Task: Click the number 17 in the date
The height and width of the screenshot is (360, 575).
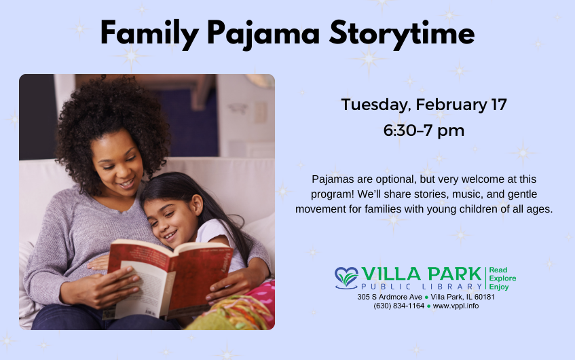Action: (x=499, y=105)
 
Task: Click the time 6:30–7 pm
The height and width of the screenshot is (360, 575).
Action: (x=424, y=130)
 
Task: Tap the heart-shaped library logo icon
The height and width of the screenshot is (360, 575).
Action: (x=346, y=278)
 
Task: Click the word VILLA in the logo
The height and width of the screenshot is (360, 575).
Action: (x=391, y=274)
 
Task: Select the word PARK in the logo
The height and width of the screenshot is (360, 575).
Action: (x=455, y=274)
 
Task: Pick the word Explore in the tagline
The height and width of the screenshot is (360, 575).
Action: (x=502, y=278)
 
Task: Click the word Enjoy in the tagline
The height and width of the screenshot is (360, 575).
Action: (x=499, y=287)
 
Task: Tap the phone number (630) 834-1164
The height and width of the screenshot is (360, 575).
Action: (x=398, y=306)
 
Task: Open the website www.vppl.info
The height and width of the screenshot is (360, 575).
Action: (x=456, y=306)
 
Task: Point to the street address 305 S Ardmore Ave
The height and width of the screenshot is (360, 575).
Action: (x=390, y=297)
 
